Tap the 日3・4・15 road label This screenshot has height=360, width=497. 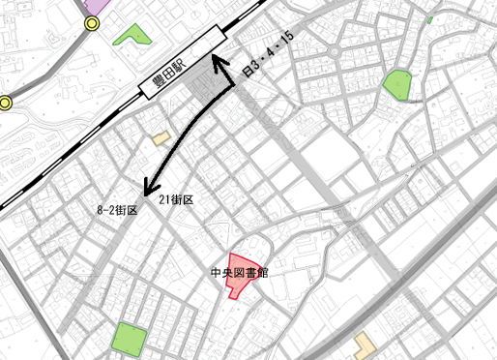[267, 57]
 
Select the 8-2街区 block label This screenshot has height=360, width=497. [118, 209]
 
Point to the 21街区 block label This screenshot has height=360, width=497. [176, 199]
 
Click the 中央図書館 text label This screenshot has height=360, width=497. [239, 274]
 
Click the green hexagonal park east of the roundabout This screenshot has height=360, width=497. [397, 85]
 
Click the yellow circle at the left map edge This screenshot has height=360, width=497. [4, 103]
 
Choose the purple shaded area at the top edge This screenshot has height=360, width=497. [95, 4]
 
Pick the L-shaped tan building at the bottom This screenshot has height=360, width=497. [364, 345]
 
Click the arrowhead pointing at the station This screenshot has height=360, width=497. [219, 64]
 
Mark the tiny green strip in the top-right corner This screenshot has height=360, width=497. [428, 19]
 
